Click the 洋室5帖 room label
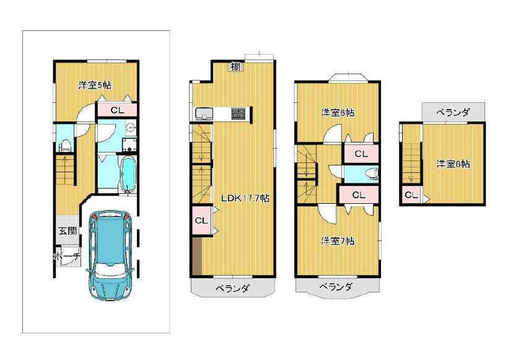(95, 86)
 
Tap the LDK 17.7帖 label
(245, 198)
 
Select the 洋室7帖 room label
(338, 241)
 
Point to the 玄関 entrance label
(68, 231)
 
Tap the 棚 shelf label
(235, 66)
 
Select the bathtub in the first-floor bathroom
(128, 175)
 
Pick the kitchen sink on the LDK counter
(204, 114)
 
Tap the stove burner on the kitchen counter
(238, 113)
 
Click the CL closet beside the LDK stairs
(201, 221)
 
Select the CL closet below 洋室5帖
(117, 110)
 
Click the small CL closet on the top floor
(411, 195)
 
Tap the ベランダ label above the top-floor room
(453, 113)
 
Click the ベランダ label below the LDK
(233, 288)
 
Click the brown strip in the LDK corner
(197, 256)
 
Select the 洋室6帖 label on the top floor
(453, 164)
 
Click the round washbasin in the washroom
(131, 128)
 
